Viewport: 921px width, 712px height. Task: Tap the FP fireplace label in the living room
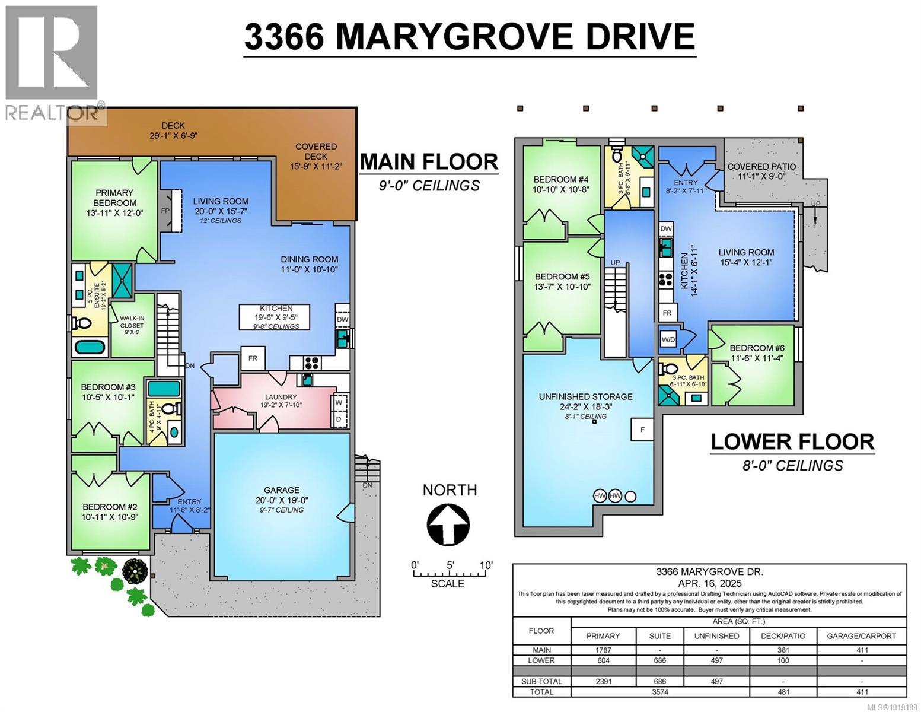[165, 211]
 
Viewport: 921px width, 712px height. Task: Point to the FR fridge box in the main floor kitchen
[253, 358]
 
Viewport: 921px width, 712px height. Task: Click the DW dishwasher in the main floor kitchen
[342, 319]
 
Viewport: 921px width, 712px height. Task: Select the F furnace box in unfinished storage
[643, 429]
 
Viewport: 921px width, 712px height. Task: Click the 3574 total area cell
[659, 692]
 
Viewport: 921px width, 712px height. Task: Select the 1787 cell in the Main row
[603, 650]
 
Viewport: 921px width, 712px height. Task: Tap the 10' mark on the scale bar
[486, 565]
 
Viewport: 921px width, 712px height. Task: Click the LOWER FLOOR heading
[792, 441]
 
